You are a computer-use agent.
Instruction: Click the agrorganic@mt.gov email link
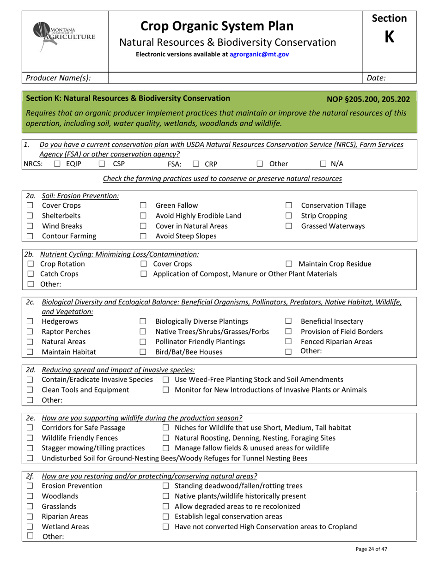click(x=259, y=54)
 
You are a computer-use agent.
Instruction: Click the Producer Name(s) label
click(x=58, y=78)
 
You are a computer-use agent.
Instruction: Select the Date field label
click(x=376, y=78)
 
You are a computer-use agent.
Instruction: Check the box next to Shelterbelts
click(x=30, y=216)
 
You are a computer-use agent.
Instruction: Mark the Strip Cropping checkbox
click(x=289, y=216)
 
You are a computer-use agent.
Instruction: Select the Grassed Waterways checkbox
click(x=289, y=226)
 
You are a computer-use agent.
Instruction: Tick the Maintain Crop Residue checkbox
click(x=289, y=265)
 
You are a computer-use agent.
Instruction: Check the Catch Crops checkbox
click(x=30, y=274)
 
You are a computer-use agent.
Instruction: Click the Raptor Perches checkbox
click(x=30, y=332)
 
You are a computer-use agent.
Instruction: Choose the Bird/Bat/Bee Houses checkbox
click(x=143, y=352)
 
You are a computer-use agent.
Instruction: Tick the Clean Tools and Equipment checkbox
click(x=30, y=390)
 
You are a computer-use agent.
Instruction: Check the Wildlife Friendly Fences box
click(x=30, y=438)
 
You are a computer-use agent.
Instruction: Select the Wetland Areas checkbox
click(x=30, y=527)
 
